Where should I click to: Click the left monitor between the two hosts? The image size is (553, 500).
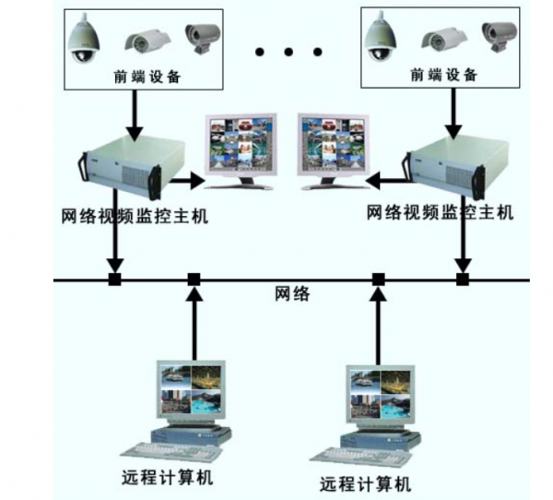[241, 147]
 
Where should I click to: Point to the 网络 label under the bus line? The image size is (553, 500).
[293, 295]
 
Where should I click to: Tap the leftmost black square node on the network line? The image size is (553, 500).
[114, 279]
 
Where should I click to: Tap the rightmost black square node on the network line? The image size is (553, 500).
[463, 279]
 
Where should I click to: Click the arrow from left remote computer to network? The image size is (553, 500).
[194, 323]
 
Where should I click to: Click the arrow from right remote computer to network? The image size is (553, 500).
[378, 323]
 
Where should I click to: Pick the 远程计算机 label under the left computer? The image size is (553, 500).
[167, 478]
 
